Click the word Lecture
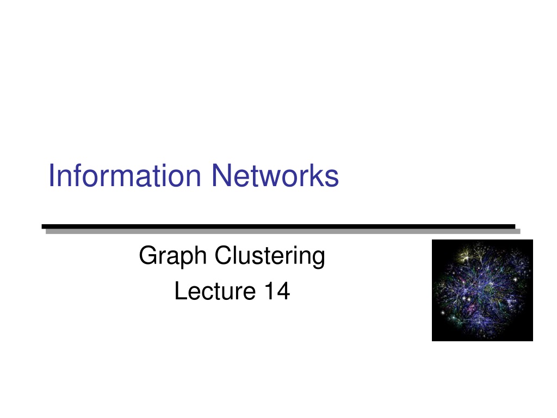[215, 291]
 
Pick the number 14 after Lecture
[277, 291]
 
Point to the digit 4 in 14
[283, 291]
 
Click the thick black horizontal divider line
[278, 226]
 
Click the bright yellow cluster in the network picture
[466, 255]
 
